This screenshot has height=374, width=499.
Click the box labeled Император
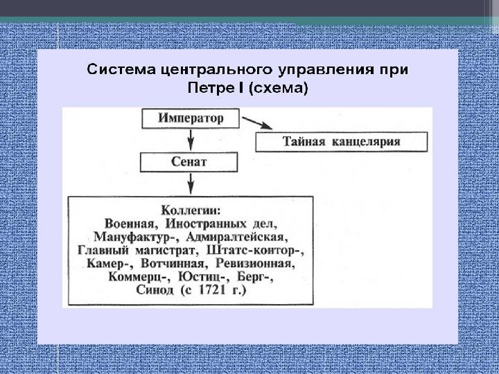[191, 118]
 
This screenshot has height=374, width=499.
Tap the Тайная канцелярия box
[331, 142]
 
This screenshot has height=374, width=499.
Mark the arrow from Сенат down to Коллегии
[190, 184]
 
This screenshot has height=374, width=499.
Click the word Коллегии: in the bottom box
[191, 210]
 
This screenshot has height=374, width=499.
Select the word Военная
[131, 224]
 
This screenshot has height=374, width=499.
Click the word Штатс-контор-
[265, 250]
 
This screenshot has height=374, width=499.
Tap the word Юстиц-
[202, 277]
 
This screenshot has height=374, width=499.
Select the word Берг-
[256, 277]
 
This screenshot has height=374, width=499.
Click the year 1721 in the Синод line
[211, 291]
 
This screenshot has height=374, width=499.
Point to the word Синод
[156, 291]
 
